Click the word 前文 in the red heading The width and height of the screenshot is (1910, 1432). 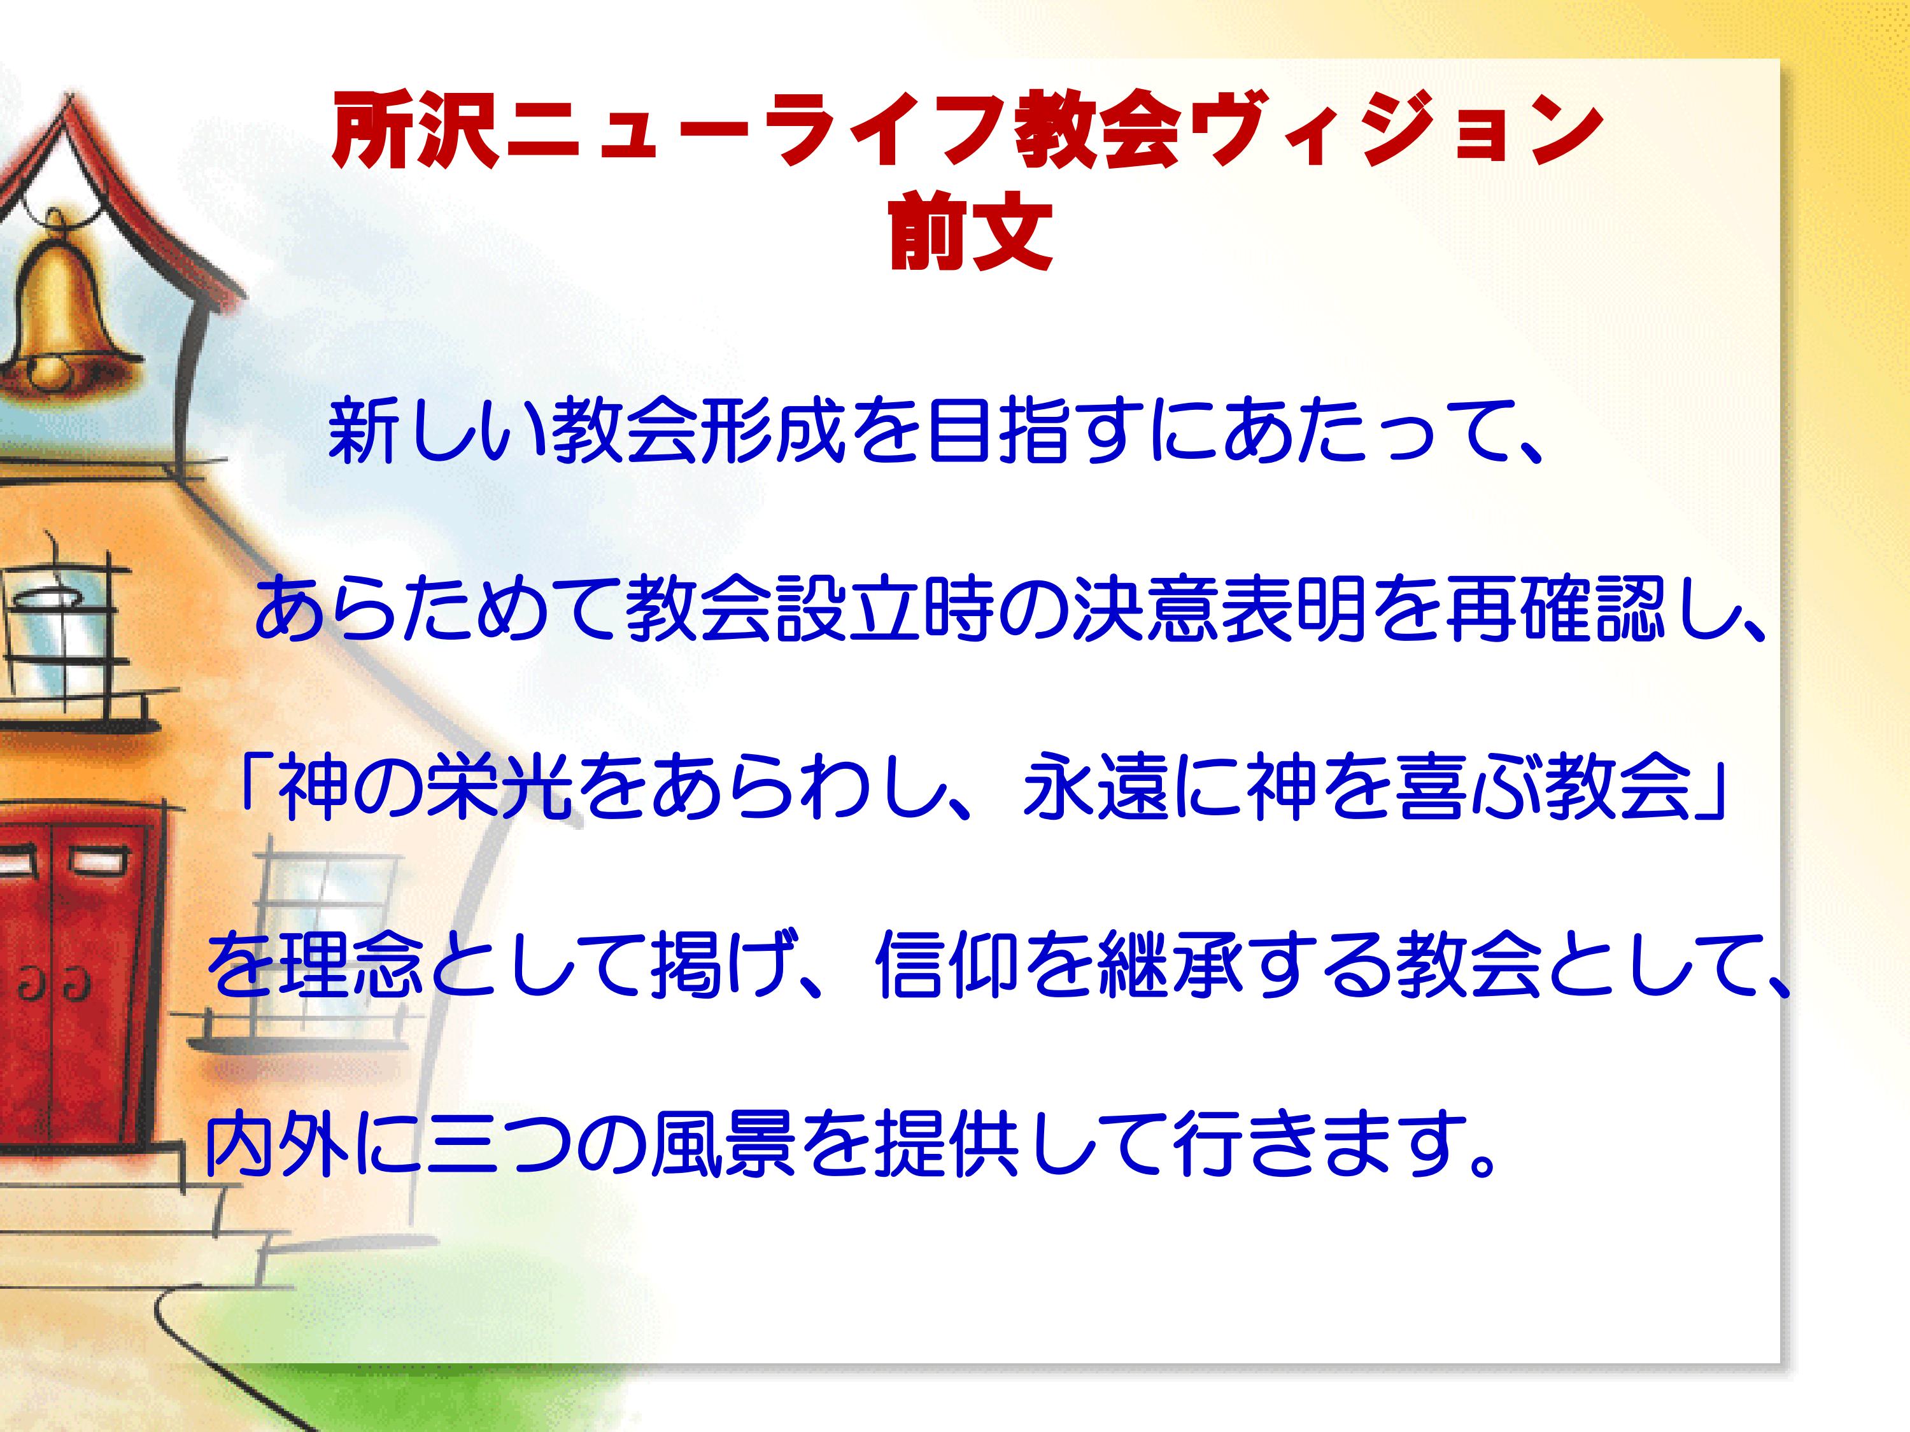pos(970,230)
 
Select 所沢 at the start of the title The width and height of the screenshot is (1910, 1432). pos(415,131)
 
